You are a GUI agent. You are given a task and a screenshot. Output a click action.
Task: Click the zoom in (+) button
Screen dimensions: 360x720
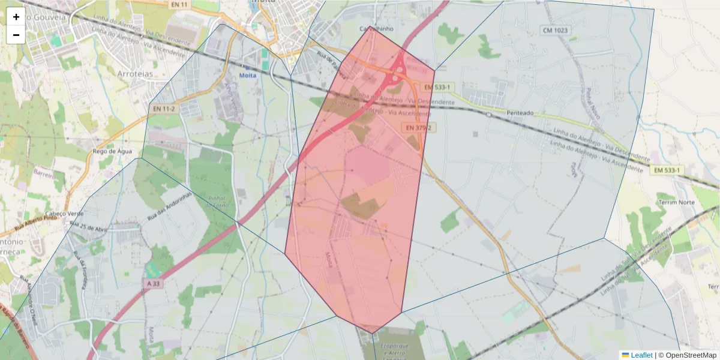pos(16,17)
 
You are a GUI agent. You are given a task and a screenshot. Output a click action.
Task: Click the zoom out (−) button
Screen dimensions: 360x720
pos(16,35)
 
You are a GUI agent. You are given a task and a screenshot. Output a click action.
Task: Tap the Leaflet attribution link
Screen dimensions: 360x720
pos(641,355)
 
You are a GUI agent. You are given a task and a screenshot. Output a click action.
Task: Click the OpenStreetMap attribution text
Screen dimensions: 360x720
pos(691,355)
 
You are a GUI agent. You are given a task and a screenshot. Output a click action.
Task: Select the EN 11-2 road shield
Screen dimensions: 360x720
pos(164,109)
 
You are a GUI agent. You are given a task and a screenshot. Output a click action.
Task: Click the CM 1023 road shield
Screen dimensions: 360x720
pos(555,30)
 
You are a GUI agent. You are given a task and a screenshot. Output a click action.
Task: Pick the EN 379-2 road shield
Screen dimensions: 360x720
pos(418,128)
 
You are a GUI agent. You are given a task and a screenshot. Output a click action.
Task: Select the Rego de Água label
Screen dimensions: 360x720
pos(112,152)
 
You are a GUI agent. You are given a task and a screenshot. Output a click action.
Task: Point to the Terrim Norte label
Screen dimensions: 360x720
pos(676,202)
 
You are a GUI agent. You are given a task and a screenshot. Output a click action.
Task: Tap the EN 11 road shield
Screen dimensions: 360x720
pos(179,4)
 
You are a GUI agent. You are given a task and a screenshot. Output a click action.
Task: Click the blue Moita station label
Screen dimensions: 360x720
pos(247,76)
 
